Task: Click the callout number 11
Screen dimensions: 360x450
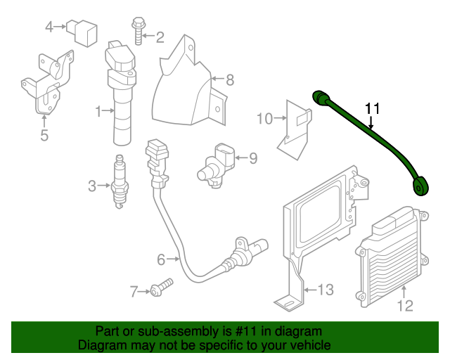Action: click(x=372, y=108)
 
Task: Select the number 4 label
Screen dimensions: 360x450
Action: click(x=49, y=27)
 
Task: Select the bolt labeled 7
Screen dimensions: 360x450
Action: click(x=161, y=288)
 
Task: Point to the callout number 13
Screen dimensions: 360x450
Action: click(x=326, y=289)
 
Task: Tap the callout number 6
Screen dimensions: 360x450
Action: click(x=160, y=260)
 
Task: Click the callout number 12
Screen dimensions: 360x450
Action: click(x=406, y=306)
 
